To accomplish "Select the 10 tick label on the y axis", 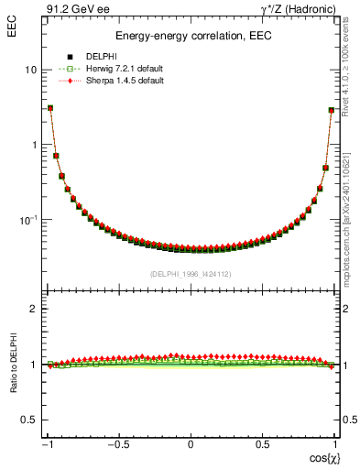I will tap(29, 70).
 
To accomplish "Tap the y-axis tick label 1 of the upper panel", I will tap(33, 145).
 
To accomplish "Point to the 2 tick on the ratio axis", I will tap(33, 310).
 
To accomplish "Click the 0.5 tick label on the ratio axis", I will tap(28, 420).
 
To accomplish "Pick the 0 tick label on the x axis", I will tap(191, 445).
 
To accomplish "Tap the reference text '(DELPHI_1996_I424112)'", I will tap(191, 273).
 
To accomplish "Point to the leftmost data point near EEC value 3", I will tap(50, 108).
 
